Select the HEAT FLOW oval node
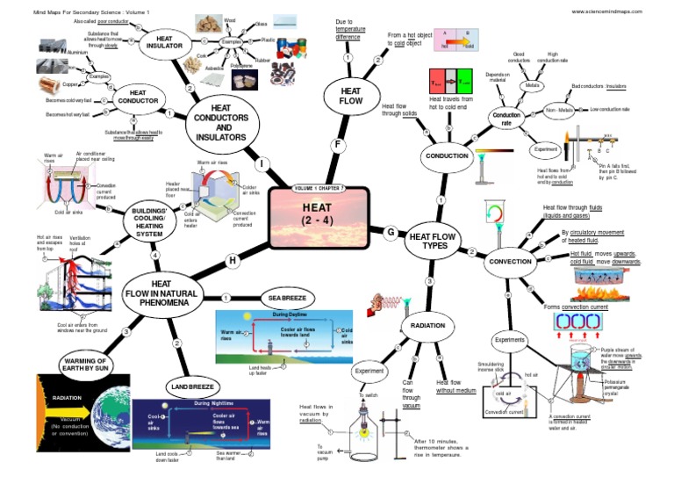pos(350,95)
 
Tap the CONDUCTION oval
pos(448,155)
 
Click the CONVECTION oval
pos(510,262)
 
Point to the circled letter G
pos(391,232)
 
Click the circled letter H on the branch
pos(233,260)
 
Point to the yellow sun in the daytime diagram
pos(249,314)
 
